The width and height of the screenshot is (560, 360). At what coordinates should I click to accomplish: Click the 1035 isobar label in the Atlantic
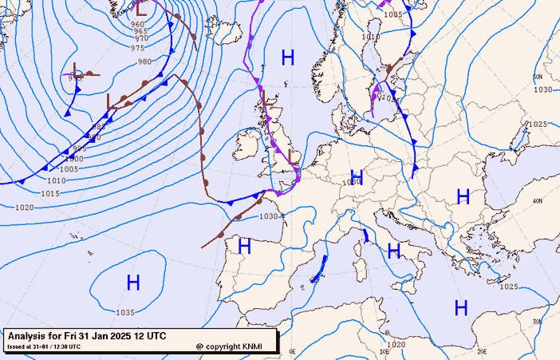point(125,312)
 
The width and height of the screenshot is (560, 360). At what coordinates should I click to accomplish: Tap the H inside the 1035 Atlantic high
point(133,282)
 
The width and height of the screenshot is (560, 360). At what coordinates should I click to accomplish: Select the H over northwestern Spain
point(244,247)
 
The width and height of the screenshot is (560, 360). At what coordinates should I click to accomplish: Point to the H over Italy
point(393,251)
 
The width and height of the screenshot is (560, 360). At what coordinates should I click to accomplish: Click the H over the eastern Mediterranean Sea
point(460,307)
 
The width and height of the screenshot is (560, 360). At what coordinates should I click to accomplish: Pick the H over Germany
point(357,176)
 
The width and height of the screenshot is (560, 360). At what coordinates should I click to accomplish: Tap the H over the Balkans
point(462,196)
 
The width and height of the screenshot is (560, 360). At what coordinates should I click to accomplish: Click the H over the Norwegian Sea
point(288,57)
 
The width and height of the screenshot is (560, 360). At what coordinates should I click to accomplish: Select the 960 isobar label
point(137,25)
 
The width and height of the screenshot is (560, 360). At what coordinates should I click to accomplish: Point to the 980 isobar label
point(144,61)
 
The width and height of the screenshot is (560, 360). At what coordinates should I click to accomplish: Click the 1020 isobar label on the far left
point(25,208)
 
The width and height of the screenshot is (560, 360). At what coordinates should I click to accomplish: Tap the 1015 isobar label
point(50,193)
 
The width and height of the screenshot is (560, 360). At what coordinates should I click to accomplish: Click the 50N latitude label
point(537,77)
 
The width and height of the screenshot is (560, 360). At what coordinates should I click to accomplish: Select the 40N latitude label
point(538,201)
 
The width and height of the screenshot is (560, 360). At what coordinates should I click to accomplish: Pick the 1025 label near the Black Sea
point(537,124)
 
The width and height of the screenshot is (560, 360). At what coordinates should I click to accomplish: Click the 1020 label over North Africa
point(396,344)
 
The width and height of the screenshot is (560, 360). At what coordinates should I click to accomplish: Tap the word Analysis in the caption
point(28,336)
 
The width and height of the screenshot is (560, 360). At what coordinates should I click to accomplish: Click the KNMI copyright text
point(234,346)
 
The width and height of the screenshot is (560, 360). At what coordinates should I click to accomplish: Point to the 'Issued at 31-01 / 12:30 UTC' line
point(43,346)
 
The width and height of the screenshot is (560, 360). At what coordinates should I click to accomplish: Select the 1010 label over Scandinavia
point(370,36)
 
